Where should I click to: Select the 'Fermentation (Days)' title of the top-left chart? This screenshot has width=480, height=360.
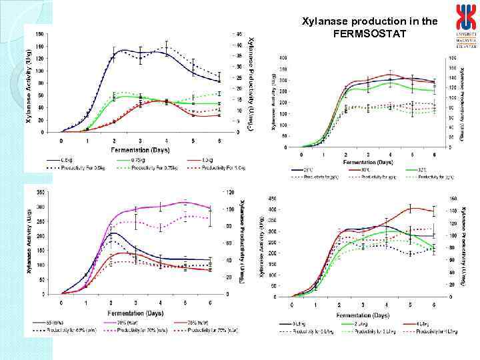[x=139, y=151]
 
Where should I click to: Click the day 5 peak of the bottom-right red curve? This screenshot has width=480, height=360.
[x=411, y=209]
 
